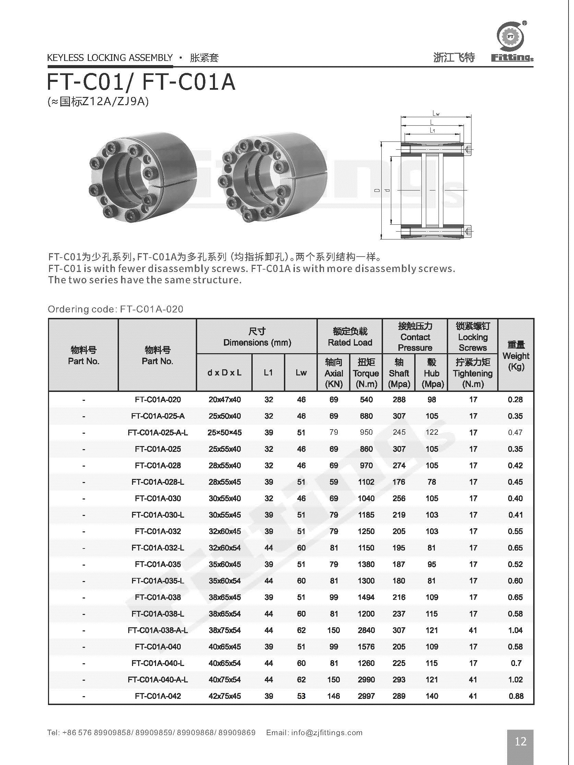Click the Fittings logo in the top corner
[511, 41]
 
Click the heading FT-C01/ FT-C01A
[141, 82]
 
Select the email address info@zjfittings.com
[327, 732]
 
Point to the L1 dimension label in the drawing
[432, 130]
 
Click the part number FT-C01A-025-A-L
[157, 432]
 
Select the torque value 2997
[366, 696]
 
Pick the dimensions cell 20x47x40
[224, 399]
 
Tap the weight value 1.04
[515, 630]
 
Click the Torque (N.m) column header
[366, 373]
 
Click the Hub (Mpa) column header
[432, 373]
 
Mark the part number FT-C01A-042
[157, 696]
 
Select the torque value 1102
[366, 482]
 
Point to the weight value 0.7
[515, 663]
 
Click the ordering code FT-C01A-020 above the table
[151, 309]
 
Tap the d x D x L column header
[224, 372]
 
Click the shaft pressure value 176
[399, 482]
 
